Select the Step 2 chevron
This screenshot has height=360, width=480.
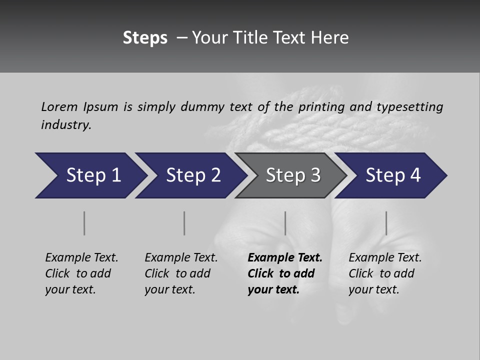(x=193, y=175)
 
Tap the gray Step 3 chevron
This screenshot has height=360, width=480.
(x=293, y=175)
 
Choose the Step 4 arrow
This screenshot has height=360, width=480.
(x=393, y=175)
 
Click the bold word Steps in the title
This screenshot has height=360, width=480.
(x=145, y=38)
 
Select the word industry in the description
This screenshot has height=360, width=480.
(x=66, y=125)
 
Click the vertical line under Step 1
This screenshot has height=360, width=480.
(x=84, y=223)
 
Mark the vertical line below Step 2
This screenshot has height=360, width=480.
(x=184, y=223)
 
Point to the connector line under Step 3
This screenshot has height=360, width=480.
(x=285, y=223)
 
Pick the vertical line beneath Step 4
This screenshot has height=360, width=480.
(x=386, y=223)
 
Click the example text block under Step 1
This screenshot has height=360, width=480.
(x=81, y=273)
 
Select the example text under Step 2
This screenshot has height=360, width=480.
(x=181, y=273)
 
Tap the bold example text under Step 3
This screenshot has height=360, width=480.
(x=285, y=273)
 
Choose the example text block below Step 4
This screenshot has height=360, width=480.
(x=385, y=273)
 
